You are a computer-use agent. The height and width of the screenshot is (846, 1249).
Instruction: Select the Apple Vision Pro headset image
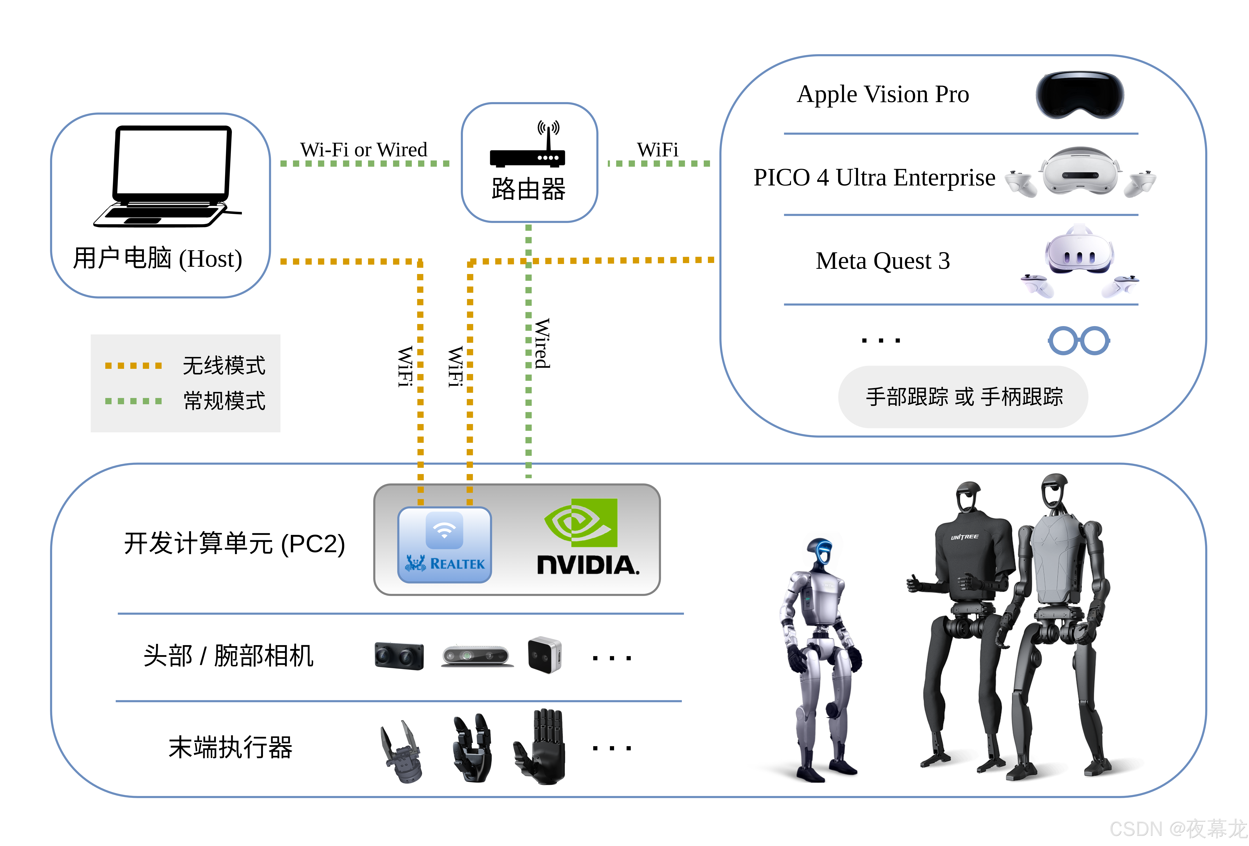tap(1079, 95)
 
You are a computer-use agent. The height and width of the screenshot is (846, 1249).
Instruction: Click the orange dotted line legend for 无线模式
tap(133, 366)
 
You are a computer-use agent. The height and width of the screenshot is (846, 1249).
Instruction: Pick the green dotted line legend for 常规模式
tap(133, 401)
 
